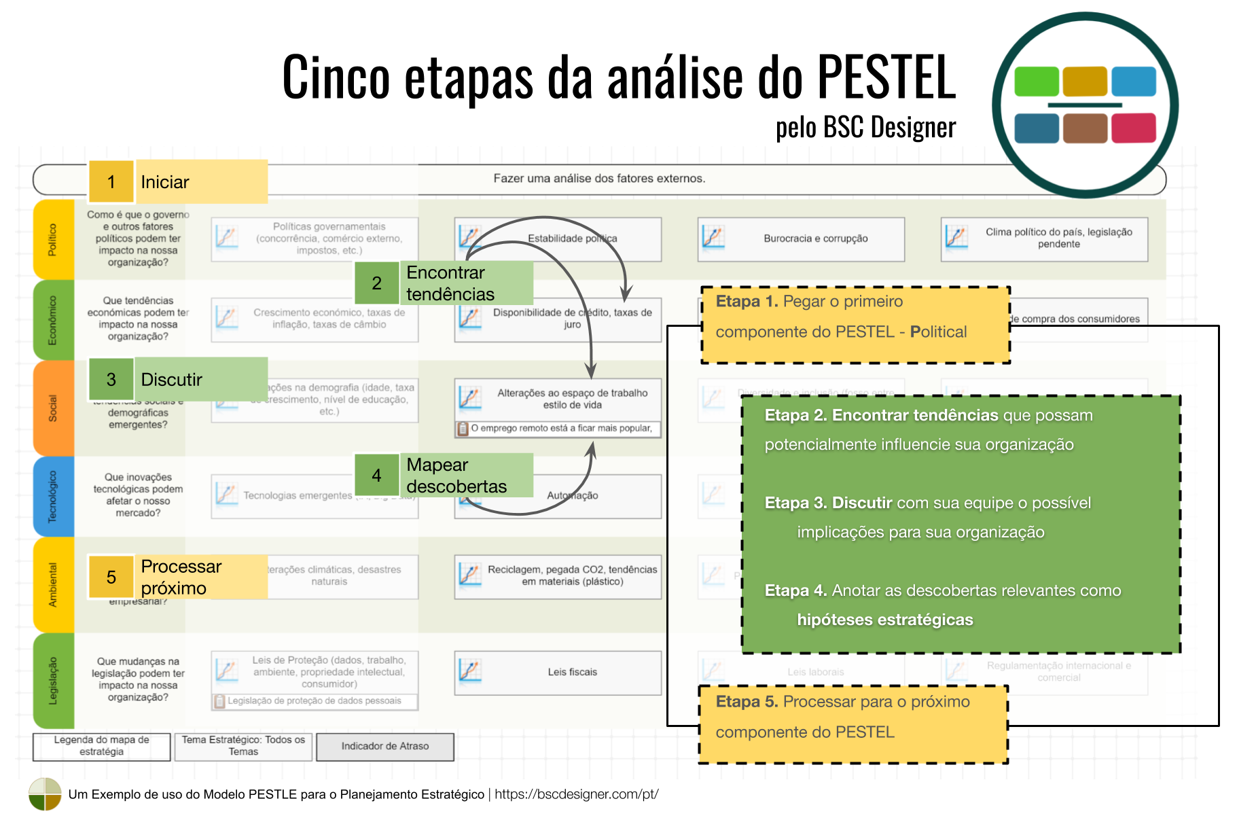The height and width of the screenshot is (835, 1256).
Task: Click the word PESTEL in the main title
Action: pyautogui.click(x=886, y=77)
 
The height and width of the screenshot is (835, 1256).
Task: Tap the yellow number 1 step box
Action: pyautogui.click(x=111, y=182)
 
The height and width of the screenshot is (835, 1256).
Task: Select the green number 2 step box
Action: pyautogui.click(x=376, y=283)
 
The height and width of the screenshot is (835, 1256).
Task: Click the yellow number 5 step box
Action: pyautogui.click(x=111, y=577)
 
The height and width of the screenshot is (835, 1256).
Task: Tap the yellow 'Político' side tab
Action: pyautogui.click(x=53, y=239)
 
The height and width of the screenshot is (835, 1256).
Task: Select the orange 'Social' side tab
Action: pyautogui.click(x=53, y=408)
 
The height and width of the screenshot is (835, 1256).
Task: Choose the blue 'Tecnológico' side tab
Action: pyautogui.click(x=53, y=496)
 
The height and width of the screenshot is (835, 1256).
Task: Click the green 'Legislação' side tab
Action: pyautogui.click(x=53, y=680)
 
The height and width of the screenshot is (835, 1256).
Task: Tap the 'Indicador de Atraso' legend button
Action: pyautogui.click(x=385, y=747)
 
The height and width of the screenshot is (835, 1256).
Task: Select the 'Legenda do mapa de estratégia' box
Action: pyautogui.click(x=102, y=747)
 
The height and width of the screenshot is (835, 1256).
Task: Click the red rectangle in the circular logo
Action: pyautogui.click(x=1133, y=128)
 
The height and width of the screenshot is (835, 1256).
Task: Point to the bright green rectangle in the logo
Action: pyautogui.click(x=1036, y=82)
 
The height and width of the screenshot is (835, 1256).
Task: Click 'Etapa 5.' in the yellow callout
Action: pyautogui.click(x=746, y=702)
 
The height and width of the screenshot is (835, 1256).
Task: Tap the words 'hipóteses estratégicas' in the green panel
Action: pyautogui.click(x=884, y=620)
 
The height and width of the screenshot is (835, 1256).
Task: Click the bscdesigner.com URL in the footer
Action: pyautogui.click(x=576, y=794)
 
